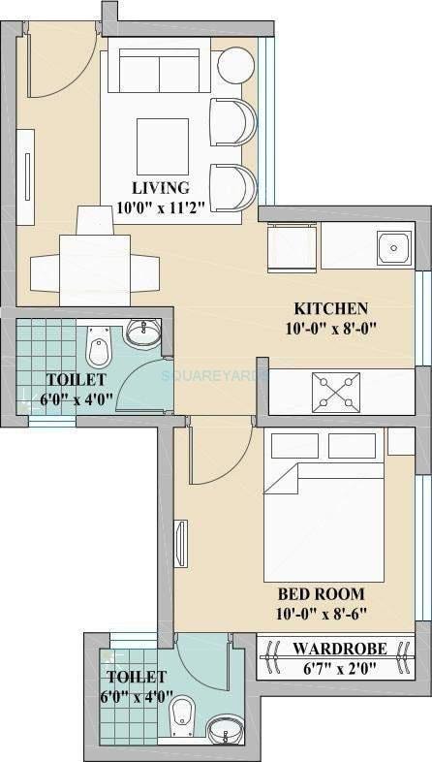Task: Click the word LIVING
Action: [161, 187]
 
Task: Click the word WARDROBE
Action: [327, 649]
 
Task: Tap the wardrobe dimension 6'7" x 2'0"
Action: [327, 667]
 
